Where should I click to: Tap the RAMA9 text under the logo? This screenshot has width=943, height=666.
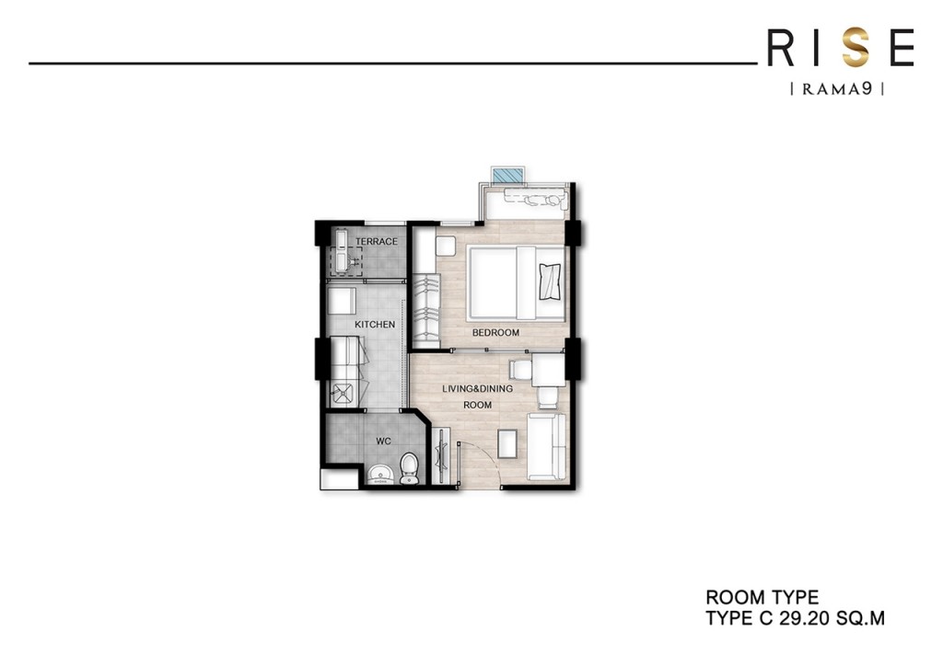837,89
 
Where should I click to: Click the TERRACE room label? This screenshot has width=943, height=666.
377,242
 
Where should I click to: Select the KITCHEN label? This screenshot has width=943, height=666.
375,325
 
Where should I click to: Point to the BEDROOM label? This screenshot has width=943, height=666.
495,333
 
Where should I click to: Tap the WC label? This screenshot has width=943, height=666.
384,442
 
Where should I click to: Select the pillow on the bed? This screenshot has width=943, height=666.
550,280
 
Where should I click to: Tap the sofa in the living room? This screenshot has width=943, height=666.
547,446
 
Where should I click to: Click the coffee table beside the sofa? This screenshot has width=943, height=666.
507,442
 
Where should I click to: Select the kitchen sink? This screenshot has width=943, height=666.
345,394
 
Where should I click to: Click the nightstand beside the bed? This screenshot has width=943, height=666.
447,247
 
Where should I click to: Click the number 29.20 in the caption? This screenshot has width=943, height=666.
808,619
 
